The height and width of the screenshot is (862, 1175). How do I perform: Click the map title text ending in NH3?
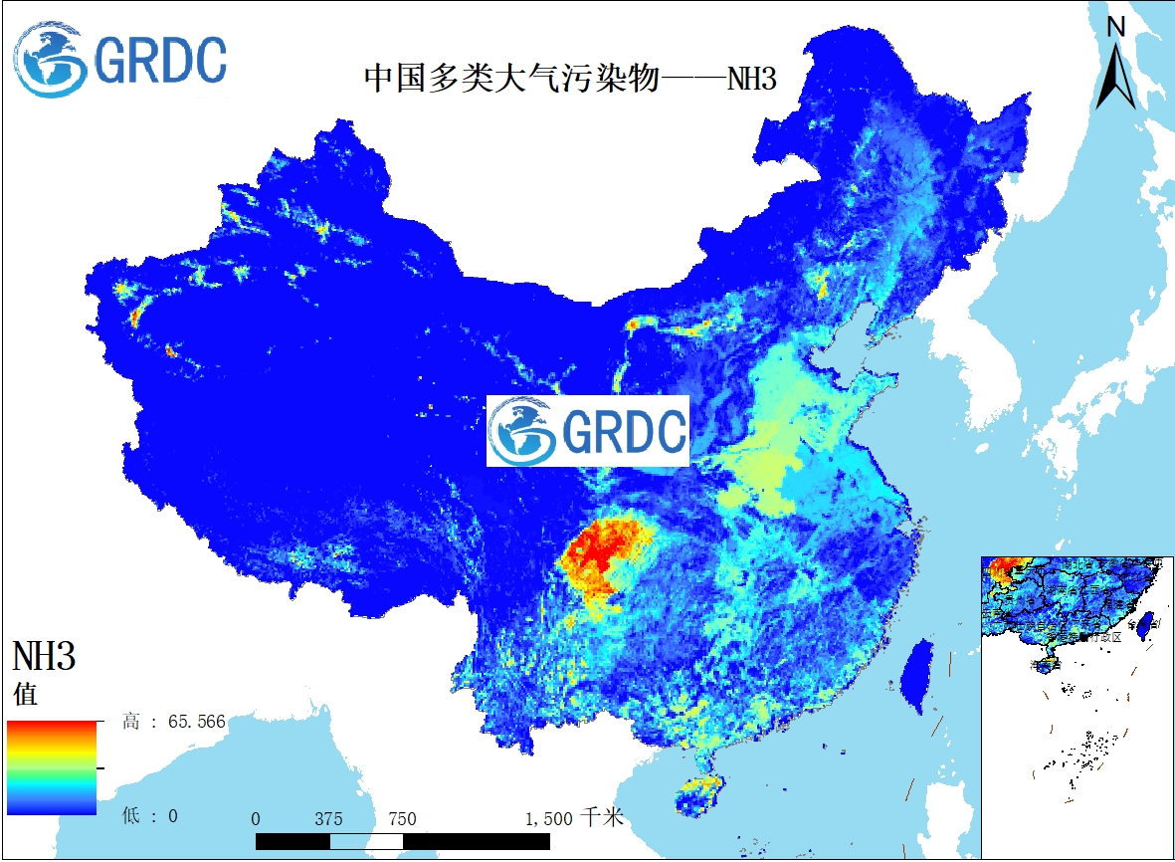click(569, 79)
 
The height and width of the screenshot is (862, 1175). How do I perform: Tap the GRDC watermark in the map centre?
click(588, 430)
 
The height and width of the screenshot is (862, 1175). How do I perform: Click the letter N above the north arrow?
click(1116, 27)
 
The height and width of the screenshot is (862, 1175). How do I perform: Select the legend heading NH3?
click(44, 657)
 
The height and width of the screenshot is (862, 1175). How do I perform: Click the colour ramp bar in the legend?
click(52, 767)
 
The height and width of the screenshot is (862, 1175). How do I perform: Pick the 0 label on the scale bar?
click(256, 819)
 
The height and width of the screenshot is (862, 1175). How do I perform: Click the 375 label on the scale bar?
click(328, 819)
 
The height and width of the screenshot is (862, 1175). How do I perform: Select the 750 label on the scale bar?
click(402, 819)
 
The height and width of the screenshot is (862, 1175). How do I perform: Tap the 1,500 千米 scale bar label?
click(574, 818)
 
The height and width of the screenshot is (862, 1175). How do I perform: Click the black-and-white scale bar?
click(403, 841)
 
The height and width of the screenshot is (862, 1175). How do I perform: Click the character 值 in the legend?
click(26, 694)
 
